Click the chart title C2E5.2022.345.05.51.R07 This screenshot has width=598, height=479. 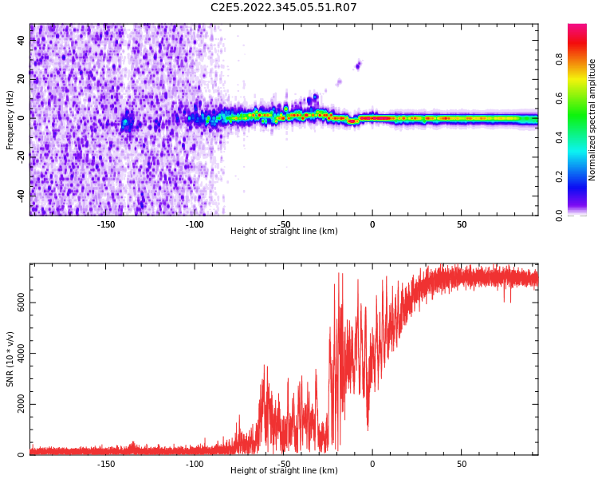[283, 8]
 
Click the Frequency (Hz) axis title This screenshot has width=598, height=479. [10, 120]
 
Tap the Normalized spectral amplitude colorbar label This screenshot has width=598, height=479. [592, 120]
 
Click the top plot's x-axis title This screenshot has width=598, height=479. [284, 232]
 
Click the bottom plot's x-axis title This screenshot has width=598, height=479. [284, 471]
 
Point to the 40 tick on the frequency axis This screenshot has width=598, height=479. [22, 41]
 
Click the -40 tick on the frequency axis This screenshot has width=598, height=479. [20, 194]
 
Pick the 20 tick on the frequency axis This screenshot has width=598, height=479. [22, 79]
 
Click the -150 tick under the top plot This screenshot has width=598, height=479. [106, 224]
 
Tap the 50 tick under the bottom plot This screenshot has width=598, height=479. [462, 464]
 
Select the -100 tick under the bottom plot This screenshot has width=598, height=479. [195, 464]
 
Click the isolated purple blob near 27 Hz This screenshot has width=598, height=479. [358, 65]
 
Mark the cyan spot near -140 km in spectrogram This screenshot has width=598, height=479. [125, 122]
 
